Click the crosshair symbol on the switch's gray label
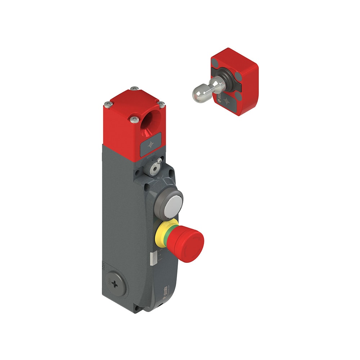click(x=150, y=144)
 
